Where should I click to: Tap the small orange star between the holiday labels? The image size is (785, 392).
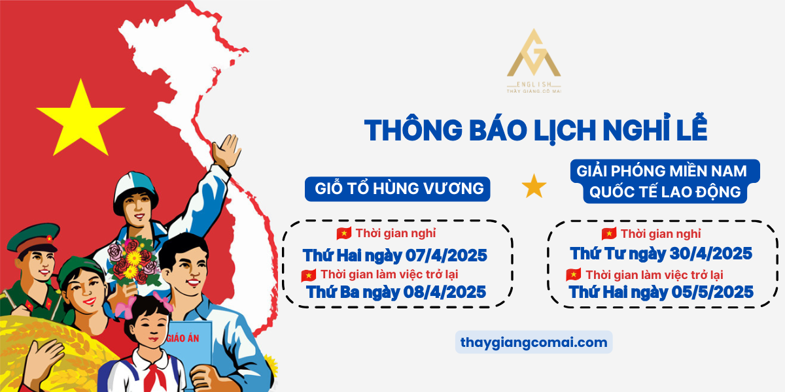coord(534,186)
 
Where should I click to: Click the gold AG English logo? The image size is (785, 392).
coord(534,61)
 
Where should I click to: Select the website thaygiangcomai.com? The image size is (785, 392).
coord(534,342)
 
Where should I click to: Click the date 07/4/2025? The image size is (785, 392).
coord(446,255)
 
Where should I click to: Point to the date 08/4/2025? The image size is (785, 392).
coord(445,292)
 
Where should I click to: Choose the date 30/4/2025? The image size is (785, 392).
coord(710,253)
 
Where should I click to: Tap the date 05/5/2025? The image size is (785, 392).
coord(712,292)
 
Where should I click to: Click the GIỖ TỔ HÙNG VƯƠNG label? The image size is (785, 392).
coord(399,189)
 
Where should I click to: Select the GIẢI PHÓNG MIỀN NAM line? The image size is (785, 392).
coord(661,171)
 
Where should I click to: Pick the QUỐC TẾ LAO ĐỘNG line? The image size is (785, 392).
coord(665,192)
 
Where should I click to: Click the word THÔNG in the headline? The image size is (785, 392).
coord(413,130)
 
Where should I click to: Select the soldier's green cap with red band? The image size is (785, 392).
coord(33,238)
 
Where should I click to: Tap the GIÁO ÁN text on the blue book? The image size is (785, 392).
coord(183,338)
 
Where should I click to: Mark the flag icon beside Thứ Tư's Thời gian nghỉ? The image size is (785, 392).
coord(609,233)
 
